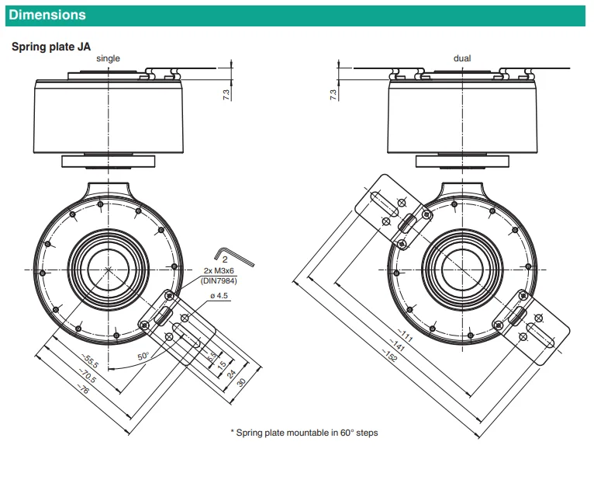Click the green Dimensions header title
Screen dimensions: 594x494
pos(47,15)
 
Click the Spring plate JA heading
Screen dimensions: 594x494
pos(51,47)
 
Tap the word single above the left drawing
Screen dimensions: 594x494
pos(108,58)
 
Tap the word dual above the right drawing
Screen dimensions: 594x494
pos(462,58)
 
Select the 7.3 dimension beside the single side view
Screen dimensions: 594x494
pos(226,95)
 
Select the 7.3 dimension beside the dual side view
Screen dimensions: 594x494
pos(333,95)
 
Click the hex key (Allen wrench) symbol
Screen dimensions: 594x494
pos(233,257)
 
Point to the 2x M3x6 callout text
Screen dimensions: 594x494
pos(219,270)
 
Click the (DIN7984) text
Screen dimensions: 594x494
pos(219,280)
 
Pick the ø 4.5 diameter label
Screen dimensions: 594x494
pos(219,296)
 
